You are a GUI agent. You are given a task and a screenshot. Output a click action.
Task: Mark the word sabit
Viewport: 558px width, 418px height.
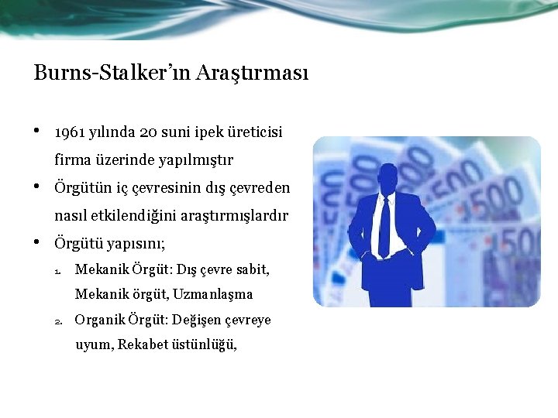pos(250,270)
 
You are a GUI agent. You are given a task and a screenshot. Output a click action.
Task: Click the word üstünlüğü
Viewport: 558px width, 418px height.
pos(205,345)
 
